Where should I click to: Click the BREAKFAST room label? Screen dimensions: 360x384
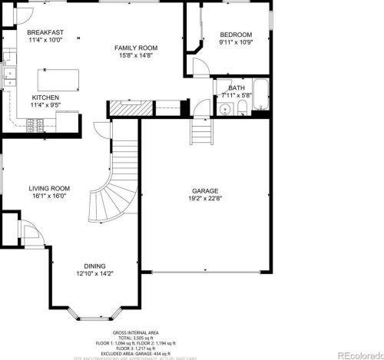point(45,32)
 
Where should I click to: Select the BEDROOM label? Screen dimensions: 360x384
point(236,35)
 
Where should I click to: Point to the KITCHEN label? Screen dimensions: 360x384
point(45,97)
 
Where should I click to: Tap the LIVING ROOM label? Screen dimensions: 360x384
point(49,188)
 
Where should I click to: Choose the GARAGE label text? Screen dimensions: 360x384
point(205,190)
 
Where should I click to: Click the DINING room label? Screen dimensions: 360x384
point(94,266)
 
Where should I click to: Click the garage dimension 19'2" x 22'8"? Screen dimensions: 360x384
point(205,198)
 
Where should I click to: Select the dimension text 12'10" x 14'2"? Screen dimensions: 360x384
point(94,273)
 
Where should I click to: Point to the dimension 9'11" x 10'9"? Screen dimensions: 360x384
point(236,42)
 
